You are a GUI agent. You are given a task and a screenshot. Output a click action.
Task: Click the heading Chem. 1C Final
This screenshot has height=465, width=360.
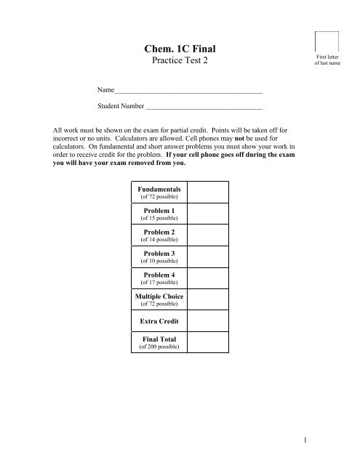180,49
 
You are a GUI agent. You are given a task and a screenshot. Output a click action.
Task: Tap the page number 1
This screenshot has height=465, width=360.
340,440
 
